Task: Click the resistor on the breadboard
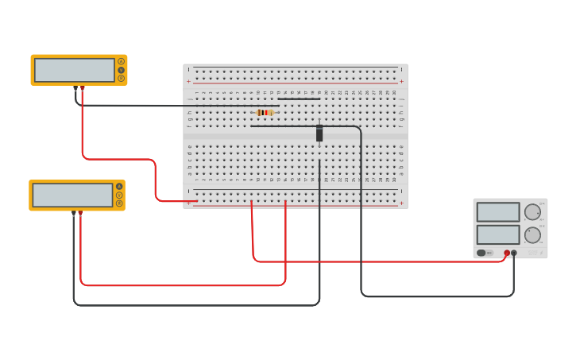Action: click(265, 113)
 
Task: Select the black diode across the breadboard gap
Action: click(319, 134)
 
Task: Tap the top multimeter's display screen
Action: click(75, 70)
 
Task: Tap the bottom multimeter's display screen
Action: click(72, 195)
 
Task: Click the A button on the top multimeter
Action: click(122, 61)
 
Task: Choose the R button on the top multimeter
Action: click(122, 79)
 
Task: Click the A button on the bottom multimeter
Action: click(119, 186)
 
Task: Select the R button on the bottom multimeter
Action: click(119, 203)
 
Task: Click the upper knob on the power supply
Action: click(532, 212)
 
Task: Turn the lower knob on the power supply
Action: click(532, 234)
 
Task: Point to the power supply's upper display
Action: click(498, 212)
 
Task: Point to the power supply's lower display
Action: click(498, 234)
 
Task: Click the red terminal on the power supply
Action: click(507, 253)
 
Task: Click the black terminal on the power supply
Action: click(514, 253)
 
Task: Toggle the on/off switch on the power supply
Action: click(481, 253)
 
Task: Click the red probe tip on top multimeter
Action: click(82, 87)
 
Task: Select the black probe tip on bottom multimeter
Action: click(74, 212)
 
